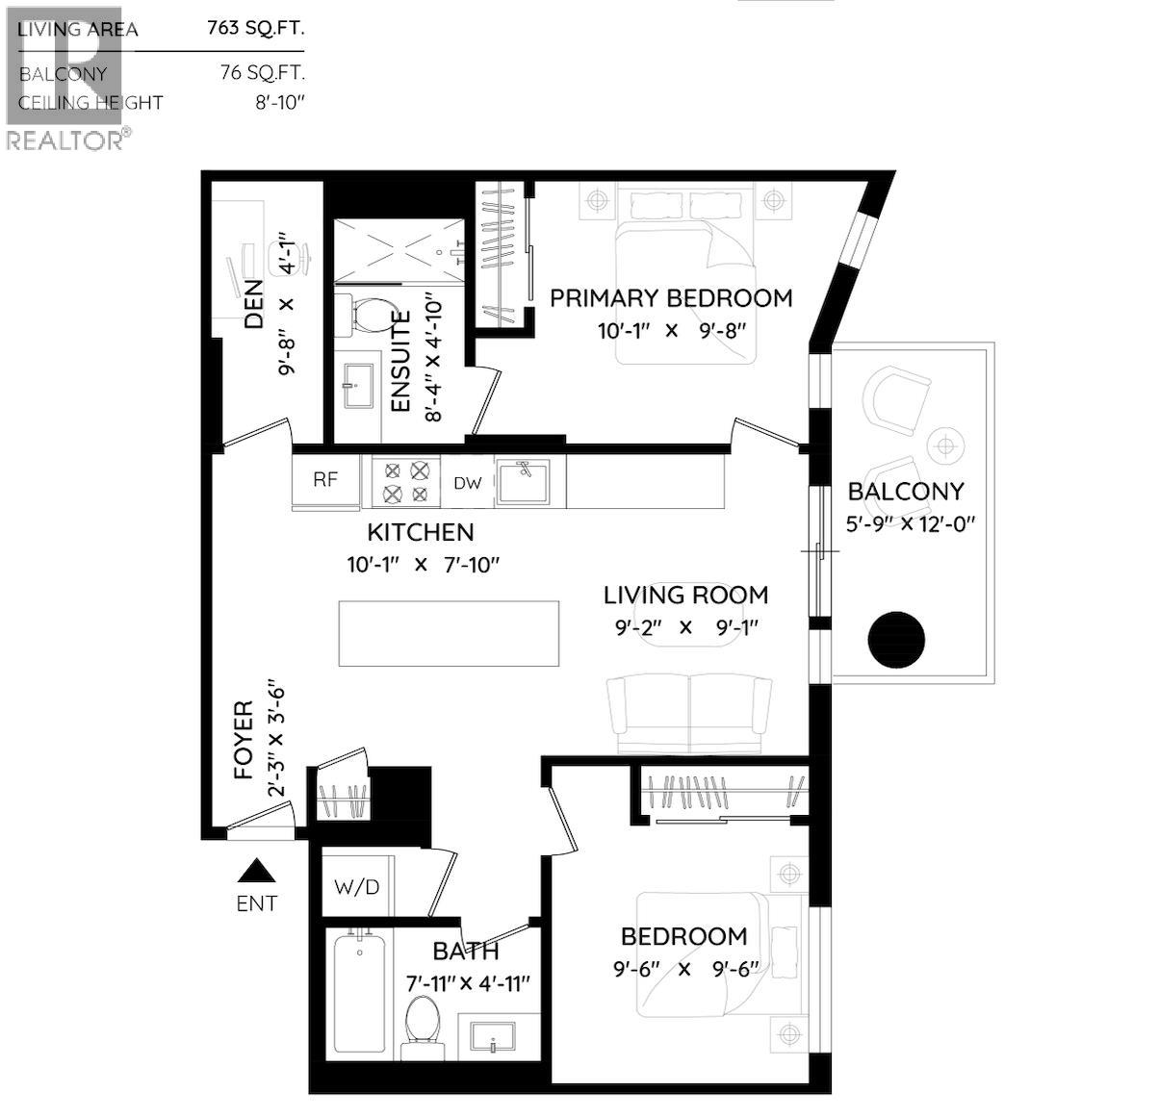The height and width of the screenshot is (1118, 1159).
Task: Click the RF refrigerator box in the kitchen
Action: [x=326, y=480]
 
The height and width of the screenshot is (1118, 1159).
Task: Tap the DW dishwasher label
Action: [x=467, y=483]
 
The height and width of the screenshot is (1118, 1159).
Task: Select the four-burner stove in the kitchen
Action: [x=405, y=482]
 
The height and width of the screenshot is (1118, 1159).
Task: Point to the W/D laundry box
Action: [x=356, y=885]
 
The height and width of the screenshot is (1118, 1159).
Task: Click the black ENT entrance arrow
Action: [x=257, y=871]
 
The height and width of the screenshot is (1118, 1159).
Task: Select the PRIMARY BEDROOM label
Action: [x=671, y=298]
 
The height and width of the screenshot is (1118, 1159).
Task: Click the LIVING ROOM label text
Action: [x=685, y=596]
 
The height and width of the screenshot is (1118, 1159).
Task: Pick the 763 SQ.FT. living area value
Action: [x=256, y=28]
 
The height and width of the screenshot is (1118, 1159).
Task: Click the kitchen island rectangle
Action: [x=449, y=633]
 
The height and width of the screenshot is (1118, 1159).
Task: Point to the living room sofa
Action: [x=689, y=712]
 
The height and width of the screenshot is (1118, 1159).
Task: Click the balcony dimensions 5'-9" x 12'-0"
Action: [x=911, y=524]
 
